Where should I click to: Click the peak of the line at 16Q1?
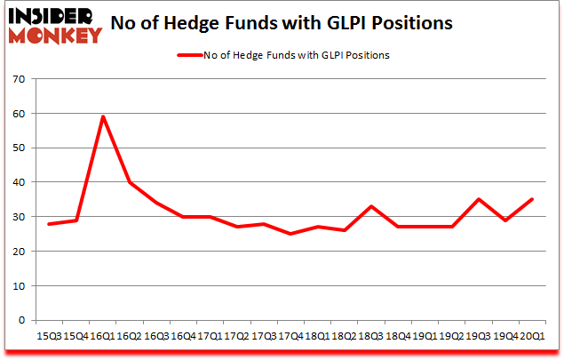[x=103, y=116]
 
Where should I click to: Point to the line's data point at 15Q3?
[x=50, y=224]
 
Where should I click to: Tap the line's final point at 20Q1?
[x=531, y=200]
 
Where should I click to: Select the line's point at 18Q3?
[x=370, y=206]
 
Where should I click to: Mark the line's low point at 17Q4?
[x=290, y=234]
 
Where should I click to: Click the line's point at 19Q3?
[x=478, y=200]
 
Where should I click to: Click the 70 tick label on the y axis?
[x=18, y=79]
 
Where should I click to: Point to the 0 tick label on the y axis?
[x=21, y=321]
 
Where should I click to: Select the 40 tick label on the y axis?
[x=18, y=182]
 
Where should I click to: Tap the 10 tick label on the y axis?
[x=18, y=286]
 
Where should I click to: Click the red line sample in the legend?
[x=191, y=55]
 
